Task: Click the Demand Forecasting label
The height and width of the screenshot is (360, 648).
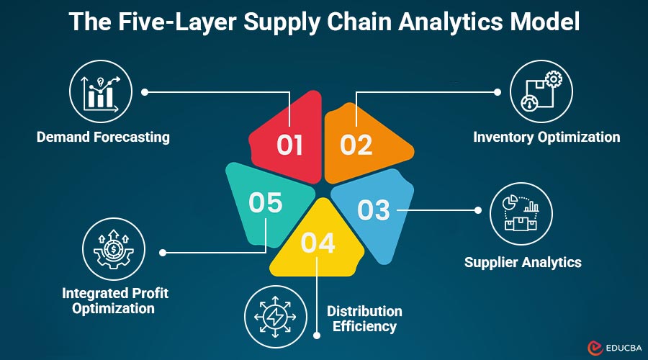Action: [x=104, y=137]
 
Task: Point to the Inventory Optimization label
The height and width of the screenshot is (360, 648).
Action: [x=546, y=137]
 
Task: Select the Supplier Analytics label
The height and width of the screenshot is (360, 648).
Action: [x=523, y=262]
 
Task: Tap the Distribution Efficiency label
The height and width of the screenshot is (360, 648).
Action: [x=364, y=318]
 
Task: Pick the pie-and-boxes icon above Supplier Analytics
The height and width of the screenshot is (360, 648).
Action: [x=521, y=214]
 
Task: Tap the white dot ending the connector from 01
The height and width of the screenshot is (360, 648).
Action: [x=145, y=92]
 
